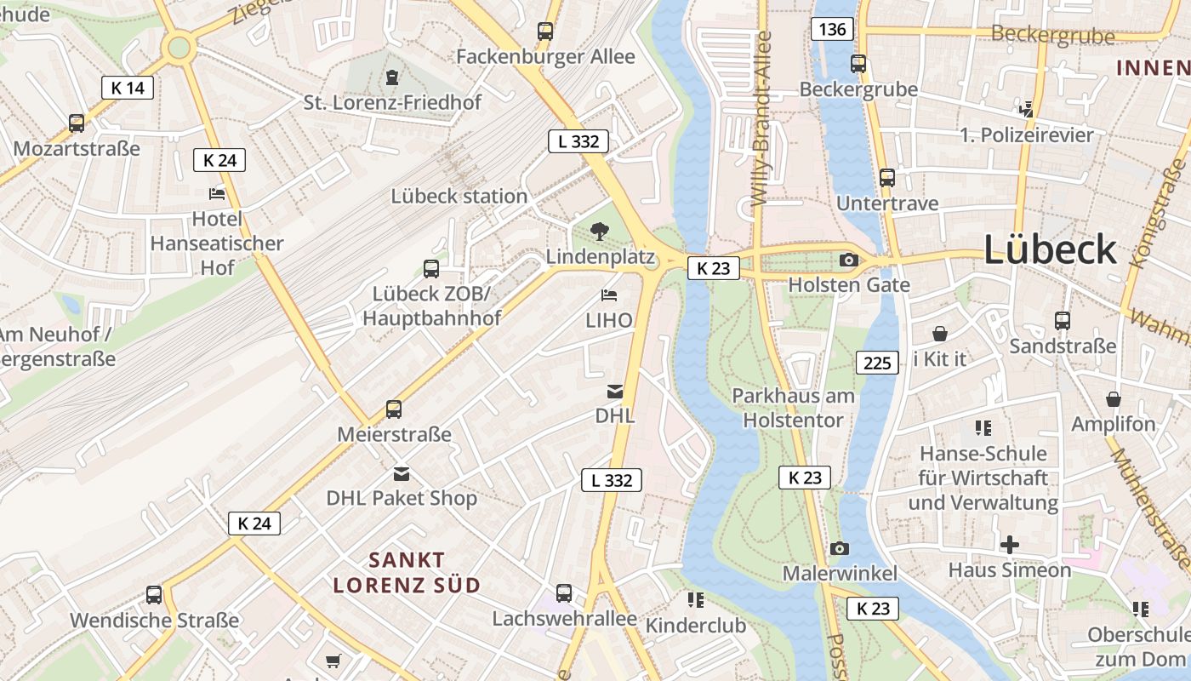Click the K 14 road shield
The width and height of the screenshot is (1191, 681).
coord(128,87)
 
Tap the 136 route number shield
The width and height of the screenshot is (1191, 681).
coord(832,29)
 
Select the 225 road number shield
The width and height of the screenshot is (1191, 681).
coord(876,363)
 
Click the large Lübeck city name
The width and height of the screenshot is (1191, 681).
coord(1050,249)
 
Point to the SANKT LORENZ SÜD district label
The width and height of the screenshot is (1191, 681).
coord(407,572)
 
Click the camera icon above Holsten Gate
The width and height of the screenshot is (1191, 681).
coord(848,260)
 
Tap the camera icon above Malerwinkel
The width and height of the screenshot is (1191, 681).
coord(840,548)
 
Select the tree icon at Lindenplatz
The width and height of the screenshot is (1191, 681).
coord(600,230)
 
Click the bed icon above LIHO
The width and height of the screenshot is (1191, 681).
coord(609,295)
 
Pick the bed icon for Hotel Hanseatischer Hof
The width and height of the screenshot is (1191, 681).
coord(217,193)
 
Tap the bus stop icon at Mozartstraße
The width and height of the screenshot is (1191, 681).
coord(77,123)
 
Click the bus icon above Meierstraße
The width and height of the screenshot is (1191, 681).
coord(394,409)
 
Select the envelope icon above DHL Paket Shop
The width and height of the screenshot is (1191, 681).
coord(402,473)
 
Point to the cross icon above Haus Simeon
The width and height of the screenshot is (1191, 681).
coord(1010,544)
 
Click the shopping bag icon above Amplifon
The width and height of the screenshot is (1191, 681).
coord(1114,398)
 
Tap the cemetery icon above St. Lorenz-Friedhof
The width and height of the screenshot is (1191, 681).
coord(391,77)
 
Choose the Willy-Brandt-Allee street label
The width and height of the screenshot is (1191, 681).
coord(761,119)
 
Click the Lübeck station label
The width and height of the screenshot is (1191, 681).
coord(459,196)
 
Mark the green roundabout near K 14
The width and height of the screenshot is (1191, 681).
coord(179,47)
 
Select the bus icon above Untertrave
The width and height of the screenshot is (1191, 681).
coord(887,178)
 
